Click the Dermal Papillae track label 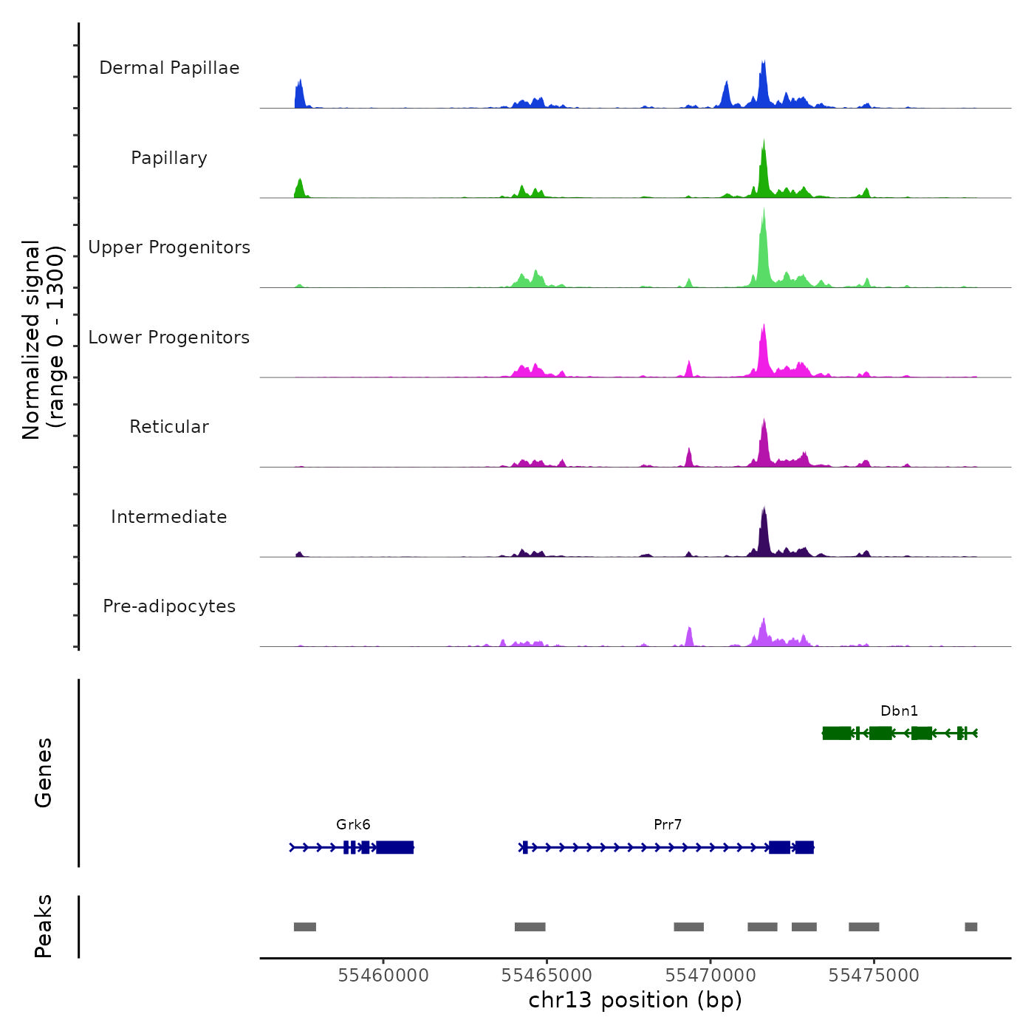point(169,68)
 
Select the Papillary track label point(169,158)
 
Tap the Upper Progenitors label point(169,247)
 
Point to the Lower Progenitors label point(169,338)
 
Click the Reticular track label point(169,427)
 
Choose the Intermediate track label point(169,517)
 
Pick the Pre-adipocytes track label point(169,606)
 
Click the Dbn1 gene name point(899,711)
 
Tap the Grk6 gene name point(353,825)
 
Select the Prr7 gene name point(668,825)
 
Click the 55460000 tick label point(383,976)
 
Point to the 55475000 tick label point(874,976)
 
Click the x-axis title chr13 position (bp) point(635,1000)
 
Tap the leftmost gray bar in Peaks point(305,927)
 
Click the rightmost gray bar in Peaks point(971,927)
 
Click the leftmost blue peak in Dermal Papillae point(299,95)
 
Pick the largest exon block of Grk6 point(395,847)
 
